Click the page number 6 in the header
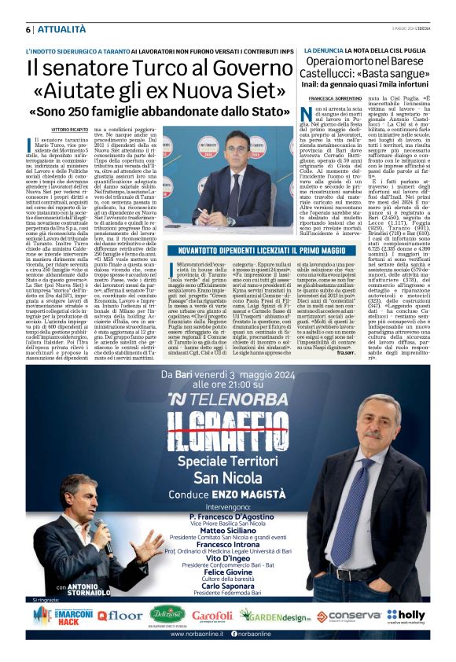pos(28,29)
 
